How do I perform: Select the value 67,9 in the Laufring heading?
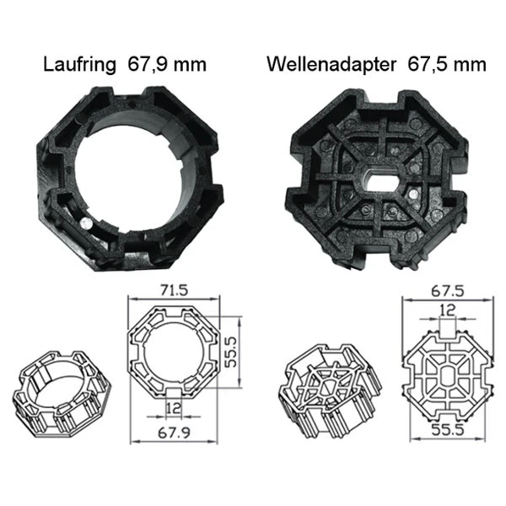tap(153, 65)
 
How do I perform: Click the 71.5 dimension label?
tap(171, 289)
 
